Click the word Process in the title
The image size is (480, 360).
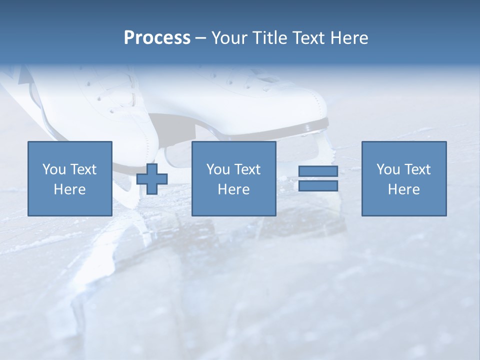[157, 38]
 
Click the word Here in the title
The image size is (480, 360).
[349, 38]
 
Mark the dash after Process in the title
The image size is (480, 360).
[201, 38]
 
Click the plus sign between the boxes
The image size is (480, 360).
[152, 179]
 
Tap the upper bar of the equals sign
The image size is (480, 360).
[318, 171]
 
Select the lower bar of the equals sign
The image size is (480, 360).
[318, 186]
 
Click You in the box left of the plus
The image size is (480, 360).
[54, 169]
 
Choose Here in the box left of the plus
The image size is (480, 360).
[69, 189]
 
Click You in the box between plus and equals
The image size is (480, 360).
[218, 169]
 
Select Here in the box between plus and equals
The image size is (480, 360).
[233, 189]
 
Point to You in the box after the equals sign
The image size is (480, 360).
[388, 169]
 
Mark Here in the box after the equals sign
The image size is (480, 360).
[403, 189]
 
